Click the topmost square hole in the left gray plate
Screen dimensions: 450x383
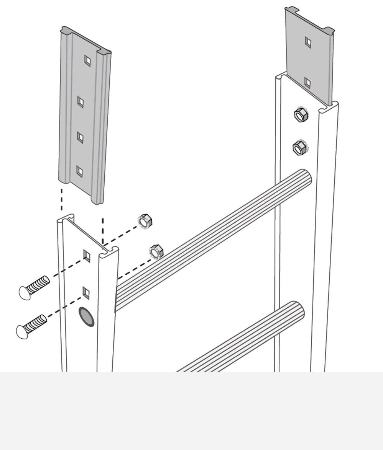[x=87, y=60]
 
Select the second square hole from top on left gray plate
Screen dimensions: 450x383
[x=80, y=102]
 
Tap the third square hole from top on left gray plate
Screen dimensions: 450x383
[x=80, y=137]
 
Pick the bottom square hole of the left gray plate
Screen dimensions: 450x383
[x=79, y=172]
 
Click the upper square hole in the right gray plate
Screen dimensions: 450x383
[x=308, y=42]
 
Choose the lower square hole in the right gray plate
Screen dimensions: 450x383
[x=307, y=82]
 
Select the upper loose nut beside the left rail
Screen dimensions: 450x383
[x=145, y=221]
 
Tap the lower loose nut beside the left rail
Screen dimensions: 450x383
[x=156, y=251]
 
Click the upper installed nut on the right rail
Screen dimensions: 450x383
[x=299, y=114]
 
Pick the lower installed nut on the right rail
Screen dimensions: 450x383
[x=298, y=148]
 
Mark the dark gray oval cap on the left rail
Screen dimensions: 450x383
[x=86, y=317]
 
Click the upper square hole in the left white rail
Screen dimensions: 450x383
[x=87, y=255]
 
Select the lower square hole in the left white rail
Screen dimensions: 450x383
[x=86, y=293]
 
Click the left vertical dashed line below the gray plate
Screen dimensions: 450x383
[x=61, y=199]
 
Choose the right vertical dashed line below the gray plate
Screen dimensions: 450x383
[x=103, y=230]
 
